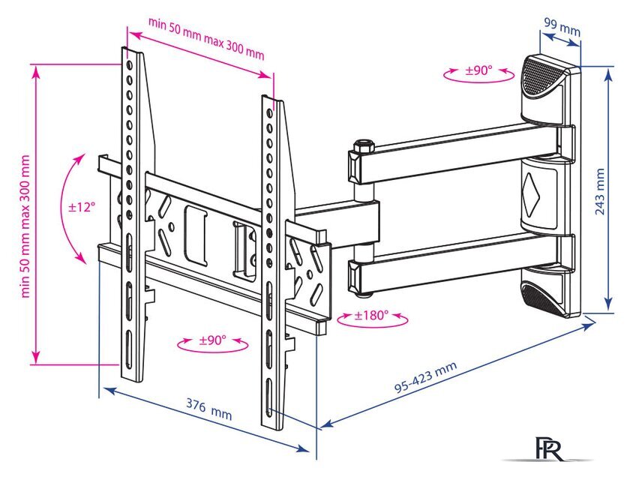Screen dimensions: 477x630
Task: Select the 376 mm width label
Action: point(209,411)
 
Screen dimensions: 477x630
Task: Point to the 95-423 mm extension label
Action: point(425,379)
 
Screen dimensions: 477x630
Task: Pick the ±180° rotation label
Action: point(373,315)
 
